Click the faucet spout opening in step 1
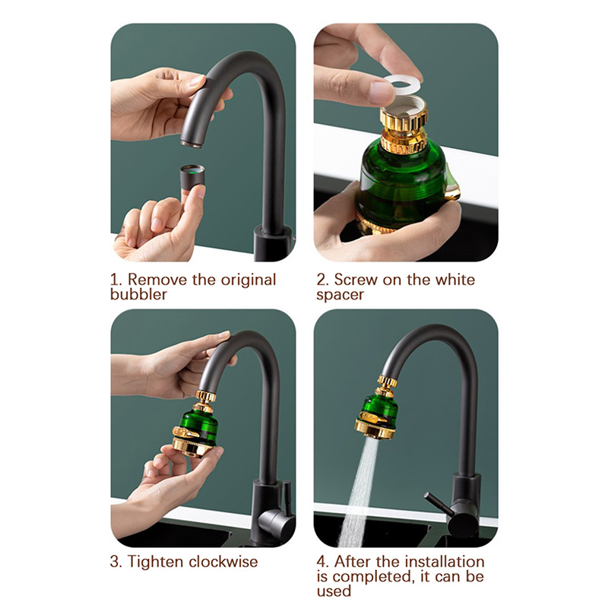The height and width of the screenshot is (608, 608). tap(192, 144)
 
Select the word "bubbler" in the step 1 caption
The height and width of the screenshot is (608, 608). tap(138, 294)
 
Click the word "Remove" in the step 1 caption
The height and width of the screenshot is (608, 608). tap(157, 280)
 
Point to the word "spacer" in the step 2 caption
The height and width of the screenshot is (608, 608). tap(340, 295)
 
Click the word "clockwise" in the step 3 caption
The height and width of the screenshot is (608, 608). tap(223, 562)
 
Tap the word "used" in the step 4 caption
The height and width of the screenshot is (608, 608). tap(334, 591)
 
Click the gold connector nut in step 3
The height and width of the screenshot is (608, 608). tap(205, 395)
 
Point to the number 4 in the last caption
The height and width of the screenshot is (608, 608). tap(321, 562)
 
